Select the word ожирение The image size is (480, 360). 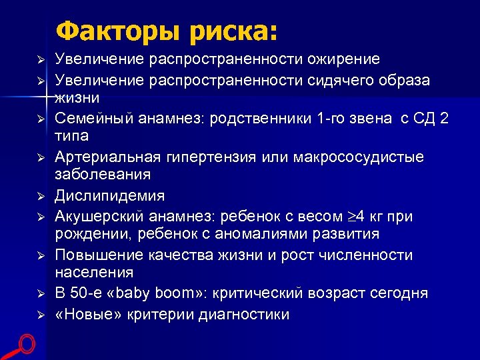click(343, 59)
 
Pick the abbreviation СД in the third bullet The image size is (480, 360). click(424, 119)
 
